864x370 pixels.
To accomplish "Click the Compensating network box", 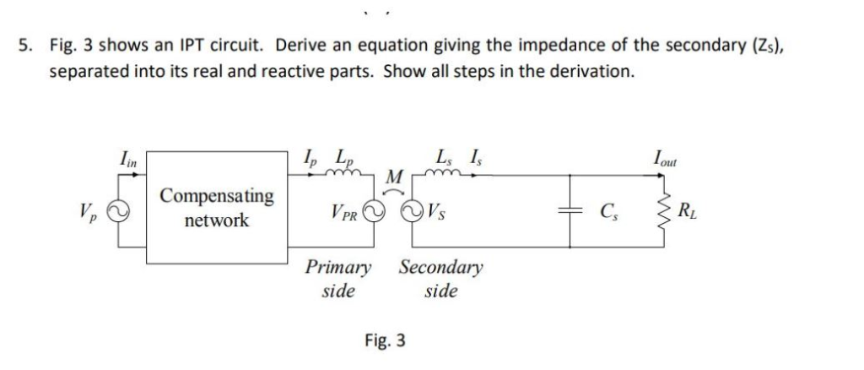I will click(x=217, y=208).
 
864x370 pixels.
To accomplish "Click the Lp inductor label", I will click(x=344, y=158).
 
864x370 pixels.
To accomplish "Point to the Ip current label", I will click(x=310, y=158).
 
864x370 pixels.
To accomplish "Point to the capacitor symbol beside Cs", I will click(x=571, y=211).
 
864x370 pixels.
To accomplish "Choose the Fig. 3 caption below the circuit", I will click(x=385, y=340).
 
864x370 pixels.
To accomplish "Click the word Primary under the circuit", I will click(x=337, y=269).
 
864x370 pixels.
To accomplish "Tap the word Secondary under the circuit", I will click(x=440, y=269).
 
